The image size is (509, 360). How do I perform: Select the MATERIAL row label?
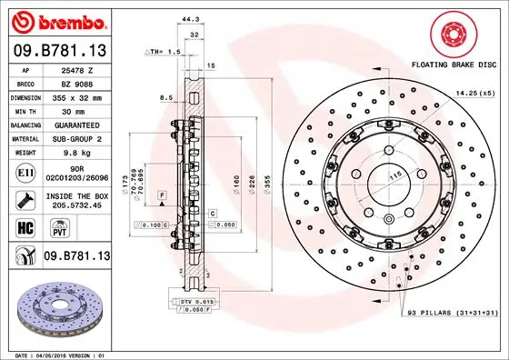point(25,138)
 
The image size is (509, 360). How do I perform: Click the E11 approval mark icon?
point(25,173)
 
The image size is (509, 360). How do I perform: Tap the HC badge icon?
point(25,228)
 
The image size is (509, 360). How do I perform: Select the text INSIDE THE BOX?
point(77,196)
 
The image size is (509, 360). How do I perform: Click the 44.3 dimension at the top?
point(189,19)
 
